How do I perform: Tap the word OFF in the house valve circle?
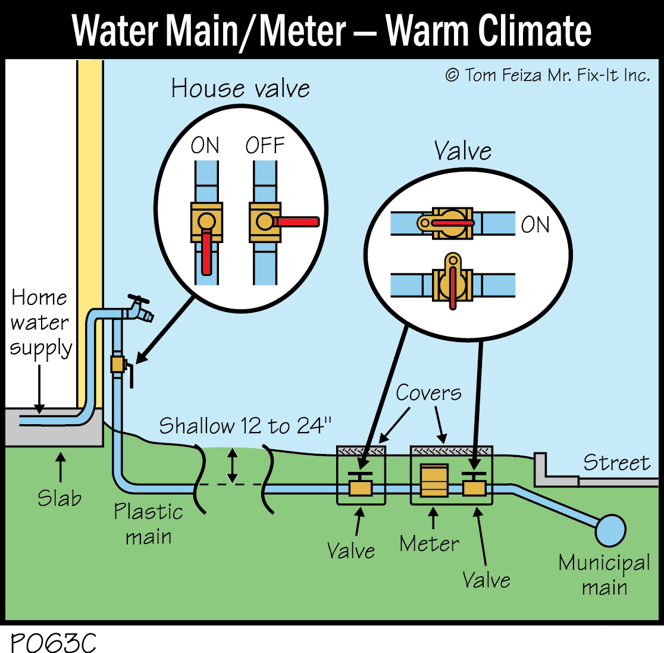pos(265,146)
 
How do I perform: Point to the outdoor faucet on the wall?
pos(138,308)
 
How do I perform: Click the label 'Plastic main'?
pos(148,524)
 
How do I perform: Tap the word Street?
pos(616,463)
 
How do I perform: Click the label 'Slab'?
pos(59,497)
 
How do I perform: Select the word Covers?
pos(428,393)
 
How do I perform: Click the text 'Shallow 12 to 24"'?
pos(245,426)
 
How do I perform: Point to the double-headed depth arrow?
pos(233,465)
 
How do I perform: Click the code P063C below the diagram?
pos(54,643)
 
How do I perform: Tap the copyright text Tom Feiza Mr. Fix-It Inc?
pos(547,75)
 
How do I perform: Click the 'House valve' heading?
pos(240,89)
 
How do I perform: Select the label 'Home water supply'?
pos(40,322)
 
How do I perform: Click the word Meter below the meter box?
pos(429,544)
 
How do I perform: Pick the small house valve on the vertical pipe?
pos(118,363)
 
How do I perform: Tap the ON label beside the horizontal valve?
pos(535,225)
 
